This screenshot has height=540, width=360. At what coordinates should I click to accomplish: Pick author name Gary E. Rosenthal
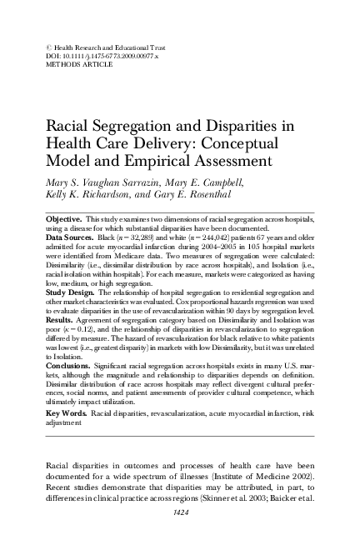coord(186,194)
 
